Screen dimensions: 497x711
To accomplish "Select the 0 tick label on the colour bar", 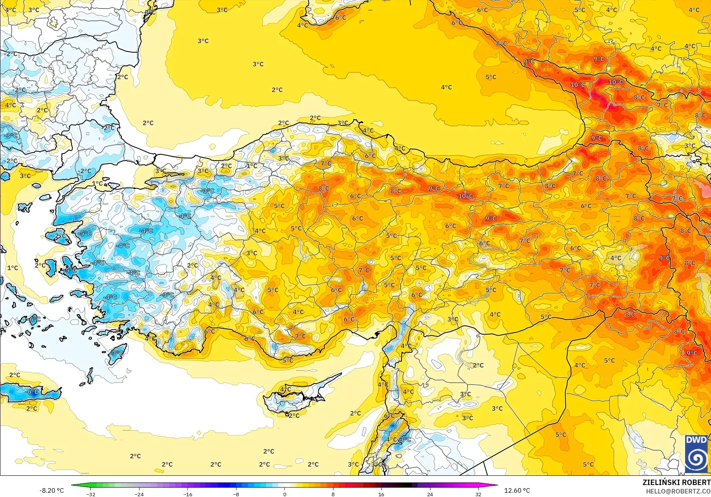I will pos(285,494).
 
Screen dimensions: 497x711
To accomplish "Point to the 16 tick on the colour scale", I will pos(381,494).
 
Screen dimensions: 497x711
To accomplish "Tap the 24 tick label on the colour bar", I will pos(430,494).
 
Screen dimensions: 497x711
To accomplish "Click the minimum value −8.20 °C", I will pos(51,490).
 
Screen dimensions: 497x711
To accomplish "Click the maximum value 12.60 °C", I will pos(517,490).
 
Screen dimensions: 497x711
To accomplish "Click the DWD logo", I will pos(696,454).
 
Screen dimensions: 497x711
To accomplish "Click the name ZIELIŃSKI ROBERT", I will pos(676,482).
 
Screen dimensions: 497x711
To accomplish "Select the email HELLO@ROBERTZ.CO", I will pos(678,491).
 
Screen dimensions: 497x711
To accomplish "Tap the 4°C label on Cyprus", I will pos(286,390).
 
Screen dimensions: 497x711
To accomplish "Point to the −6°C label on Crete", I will pos(32,392).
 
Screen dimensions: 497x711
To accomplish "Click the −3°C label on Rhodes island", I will pos(117,353).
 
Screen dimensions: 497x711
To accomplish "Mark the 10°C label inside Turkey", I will pos(465,196).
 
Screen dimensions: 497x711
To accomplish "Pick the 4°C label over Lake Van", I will pos(616,258).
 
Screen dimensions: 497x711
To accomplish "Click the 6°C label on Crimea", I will pos(340,17).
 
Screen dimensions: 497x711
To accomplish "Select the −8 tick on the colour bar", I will pos(236,494).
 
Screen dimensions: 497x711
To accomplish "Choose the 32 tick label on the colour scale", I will pos(478,494).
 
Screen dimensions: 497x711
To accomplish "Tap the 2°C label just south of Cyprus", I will pos(294,416).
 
